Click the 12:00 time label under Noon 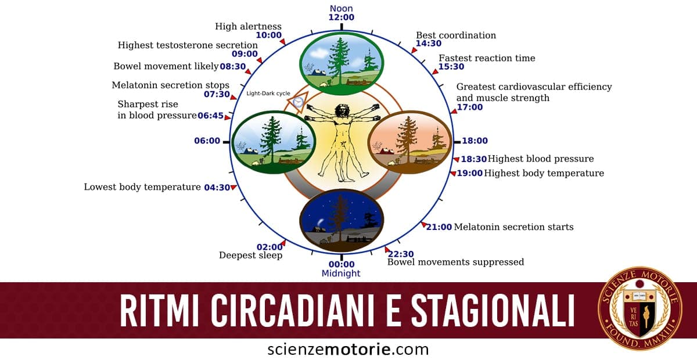341,17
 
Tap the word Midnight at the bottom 341,273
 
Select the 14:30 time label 429,44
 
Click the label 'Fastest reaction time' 487,58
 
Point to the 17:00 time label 469,107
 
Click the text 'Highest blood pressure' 541,159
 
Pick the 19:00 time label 469,173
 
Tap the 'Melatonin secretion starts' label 513,227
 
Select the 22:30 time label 400,254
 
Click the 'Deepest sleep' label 250,255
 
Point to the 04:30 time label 217,188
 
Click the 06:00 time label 207,141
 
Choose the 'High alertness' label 248,26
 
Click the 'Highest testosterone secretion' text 188,45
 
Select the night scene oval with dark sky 341,220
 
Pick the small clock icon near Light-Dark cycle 298,102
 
